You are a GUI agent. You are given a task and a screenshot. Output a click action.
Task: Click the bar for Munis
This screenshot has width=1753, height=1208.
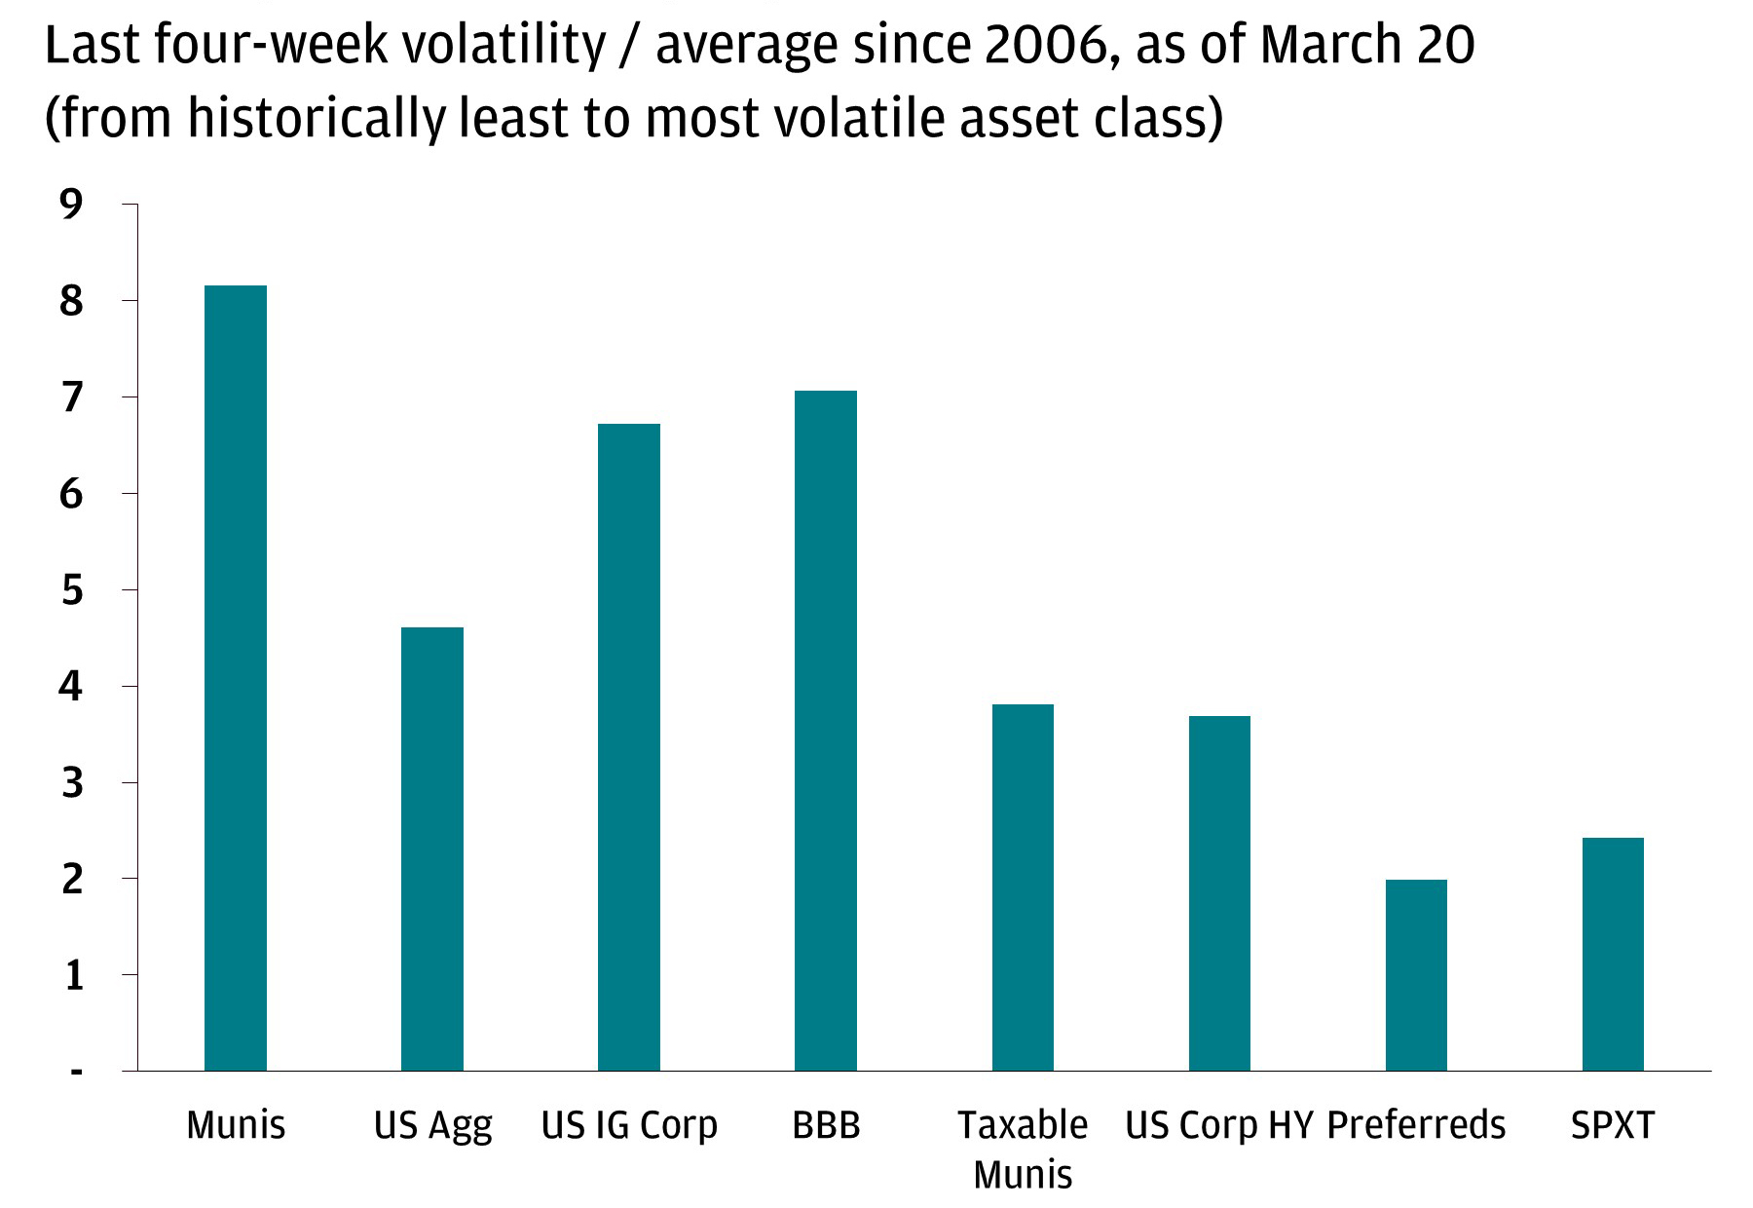[235, 678]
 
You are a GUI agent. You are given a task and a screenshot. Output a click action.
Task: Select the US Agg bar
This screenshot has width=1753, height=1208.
[431, 849]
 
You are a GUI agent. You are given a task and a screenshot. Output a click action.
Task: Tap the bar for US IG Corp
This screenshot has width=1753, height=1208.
[628, 747]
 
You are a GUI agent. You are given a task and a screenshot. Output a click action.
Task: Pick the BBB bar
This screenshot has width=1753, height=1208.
[825, 731]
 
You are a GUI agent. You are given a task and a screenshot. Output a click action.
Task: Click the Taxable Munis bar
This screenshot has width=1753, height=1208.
[1023, 887]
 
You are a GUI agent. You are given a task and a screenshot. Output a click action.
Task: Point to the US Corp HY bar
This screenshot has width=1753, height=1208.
[1219, 893]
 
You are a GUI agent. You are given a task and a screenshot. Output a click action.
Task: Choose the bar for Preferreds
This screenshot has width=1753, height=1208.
[1416, 975]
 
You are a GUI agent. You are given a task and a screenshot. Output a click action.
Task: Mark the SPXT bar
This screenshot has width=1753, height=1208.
[1613, 954]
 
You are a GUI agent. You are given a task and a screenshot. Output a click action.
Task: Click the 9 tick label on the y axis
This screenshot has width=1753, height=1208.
[71, 205]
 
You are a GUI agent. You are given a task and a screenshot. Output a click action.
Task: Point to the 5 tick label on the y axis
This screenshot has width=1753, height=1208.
[71, 590]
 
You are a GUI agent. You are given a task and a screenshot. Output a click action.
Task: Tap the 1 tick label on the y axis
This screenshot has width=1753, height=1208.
[73, 975]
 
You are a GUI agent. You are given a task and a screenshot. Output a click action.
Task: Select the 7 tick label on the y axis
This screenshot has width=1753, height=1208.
[71, 397]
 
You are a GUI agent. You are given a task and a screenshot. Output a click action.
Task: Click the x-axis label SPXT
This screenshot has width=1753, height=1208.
[1613, 1125]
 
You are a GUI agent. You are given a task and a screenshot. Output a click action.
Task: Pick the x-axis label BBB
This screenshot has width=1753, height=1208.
[826, 1125]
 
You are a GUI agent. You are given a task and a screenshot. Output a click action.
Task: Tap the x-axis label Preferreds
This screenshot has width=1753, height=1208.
[1416, 1125]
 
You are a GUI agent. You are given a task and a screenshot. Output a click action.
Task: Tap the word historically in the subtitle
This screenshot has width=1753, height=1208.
[317, 119]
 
